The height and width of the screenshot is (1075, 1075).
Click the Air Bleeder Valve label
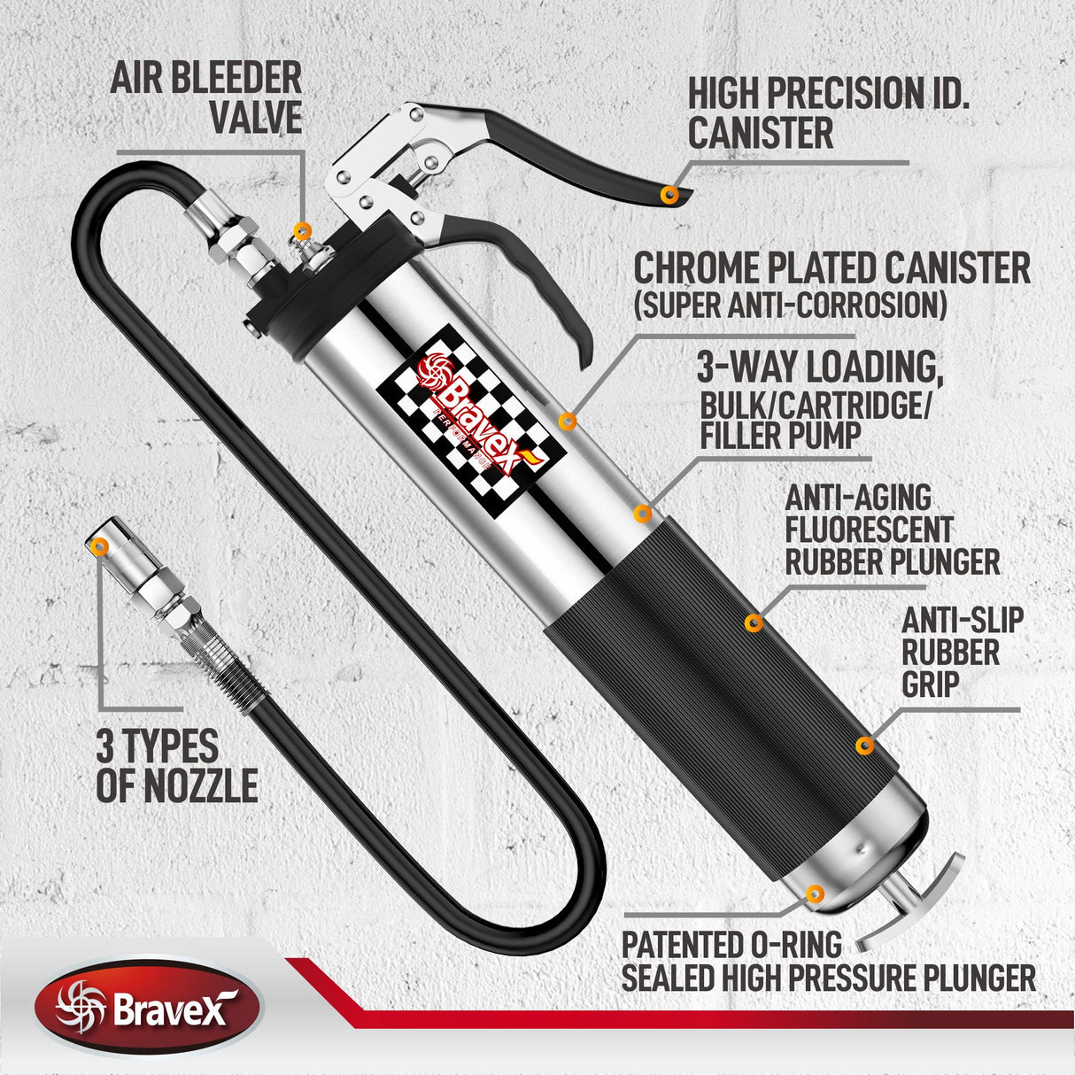(x=205, y=97)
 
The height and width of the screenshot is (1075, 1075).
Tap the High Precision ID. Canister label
(x=828, y=112)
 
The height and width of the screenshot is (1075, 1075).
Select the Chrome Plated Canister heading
(x=831, y=268)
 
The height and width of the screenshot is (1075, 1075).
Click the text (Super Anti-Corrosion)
(x=790, y=305)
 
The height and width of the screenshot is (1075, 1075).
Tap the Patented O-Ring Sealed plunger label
(x=828, y=962)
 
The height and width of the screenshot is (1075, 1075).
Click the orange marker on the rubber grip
(x=864, y=746)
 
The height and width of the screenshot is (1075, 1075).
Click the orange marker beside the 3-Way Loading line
(x=644, y=513)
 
